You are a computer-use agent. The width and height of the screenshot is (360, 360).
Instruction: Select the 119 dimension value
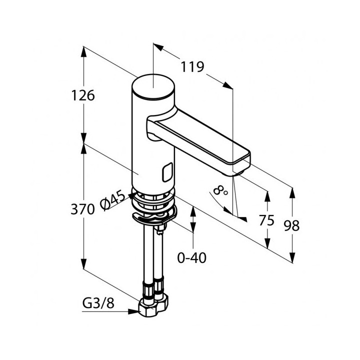[x=191, y=66]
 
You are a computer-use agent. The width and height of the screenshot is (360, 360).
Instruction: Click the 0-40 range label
[x=192, y=257]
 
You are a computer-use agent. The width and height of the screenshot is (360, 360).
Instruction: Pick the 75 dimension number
[x=266, y=220]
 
